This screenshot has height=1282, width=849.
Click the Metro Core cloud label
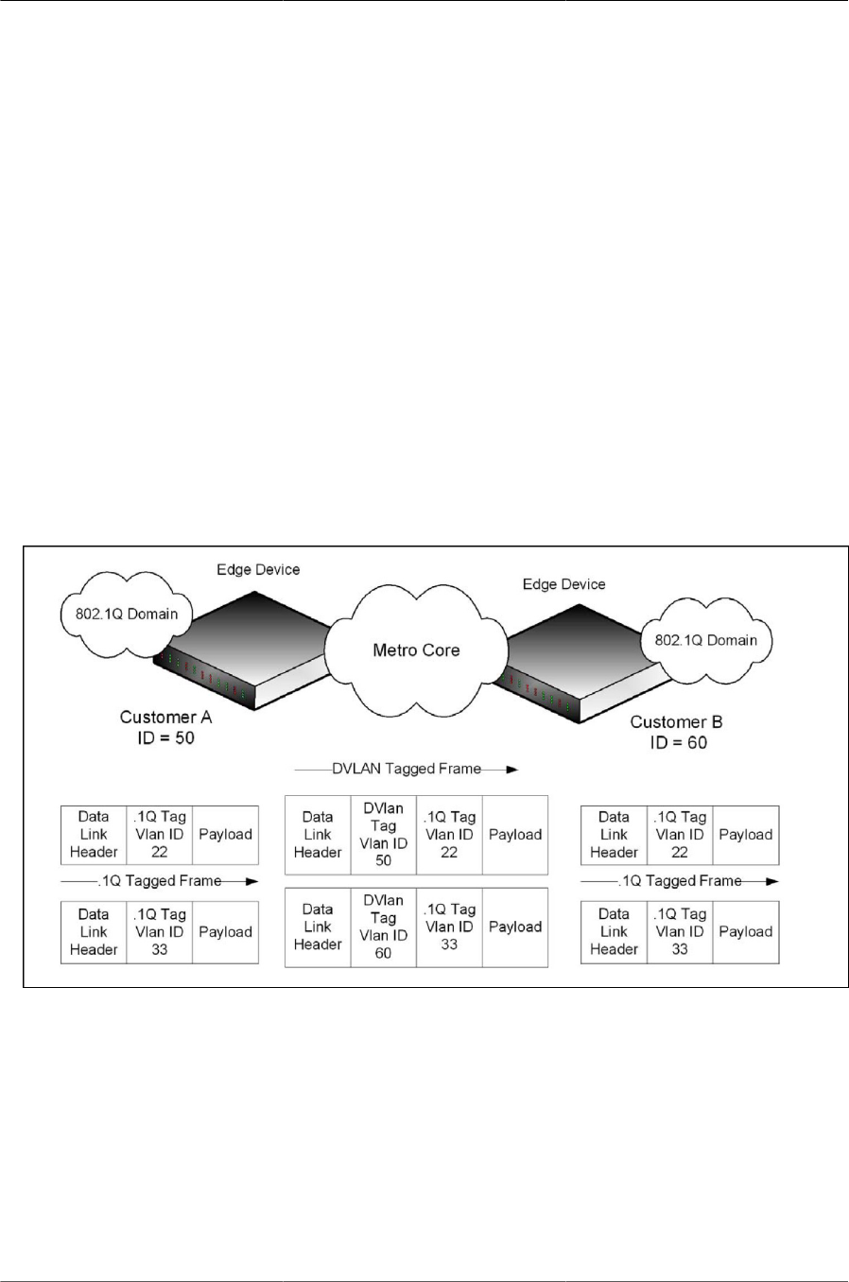(416, 650)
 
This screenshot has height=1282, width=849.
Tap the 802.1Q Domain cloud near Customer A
(127, 615)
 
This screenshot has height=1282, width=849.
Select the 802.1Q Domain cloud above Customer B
(705, 640)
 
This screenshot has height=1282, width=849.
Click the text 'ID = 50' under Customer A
(165, 737)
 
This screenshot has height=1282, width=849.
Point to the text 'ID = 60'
(678, 742)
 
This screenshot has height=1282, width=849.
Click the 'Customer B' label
(676, 722)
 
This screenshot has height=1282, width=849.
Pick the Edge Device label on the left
(258, 570)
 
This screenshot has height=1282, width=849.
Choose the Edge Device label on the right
(563, 584)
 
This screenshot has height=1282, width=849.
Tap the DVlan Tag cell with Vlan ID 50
(383, 835)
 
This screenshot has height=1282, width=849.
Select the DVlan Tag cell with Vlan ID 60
(383, 927)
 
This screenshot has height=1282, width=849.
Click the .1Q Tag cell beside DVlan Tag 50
(449, 835)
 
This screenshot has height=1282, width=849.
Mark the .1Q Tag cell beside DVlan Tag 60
(449, 927)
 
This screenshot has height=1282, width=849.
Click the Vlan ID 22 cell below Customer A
(159, 835)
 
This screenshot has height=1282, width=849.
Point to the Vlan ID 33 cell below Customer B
(680, 932)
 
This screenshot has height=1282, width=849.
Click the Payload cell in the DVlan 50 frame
(515, 835)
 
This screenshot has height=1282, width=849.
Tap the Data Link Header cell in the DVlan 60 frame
(318, 927)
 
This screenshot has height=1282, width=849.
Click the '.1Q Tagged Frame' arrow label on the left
(160, 881)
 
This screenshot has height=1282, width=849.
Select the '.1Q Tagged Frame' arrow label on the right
(680, 881)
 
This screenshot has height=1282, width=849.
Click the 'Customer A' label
(165, 718)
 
